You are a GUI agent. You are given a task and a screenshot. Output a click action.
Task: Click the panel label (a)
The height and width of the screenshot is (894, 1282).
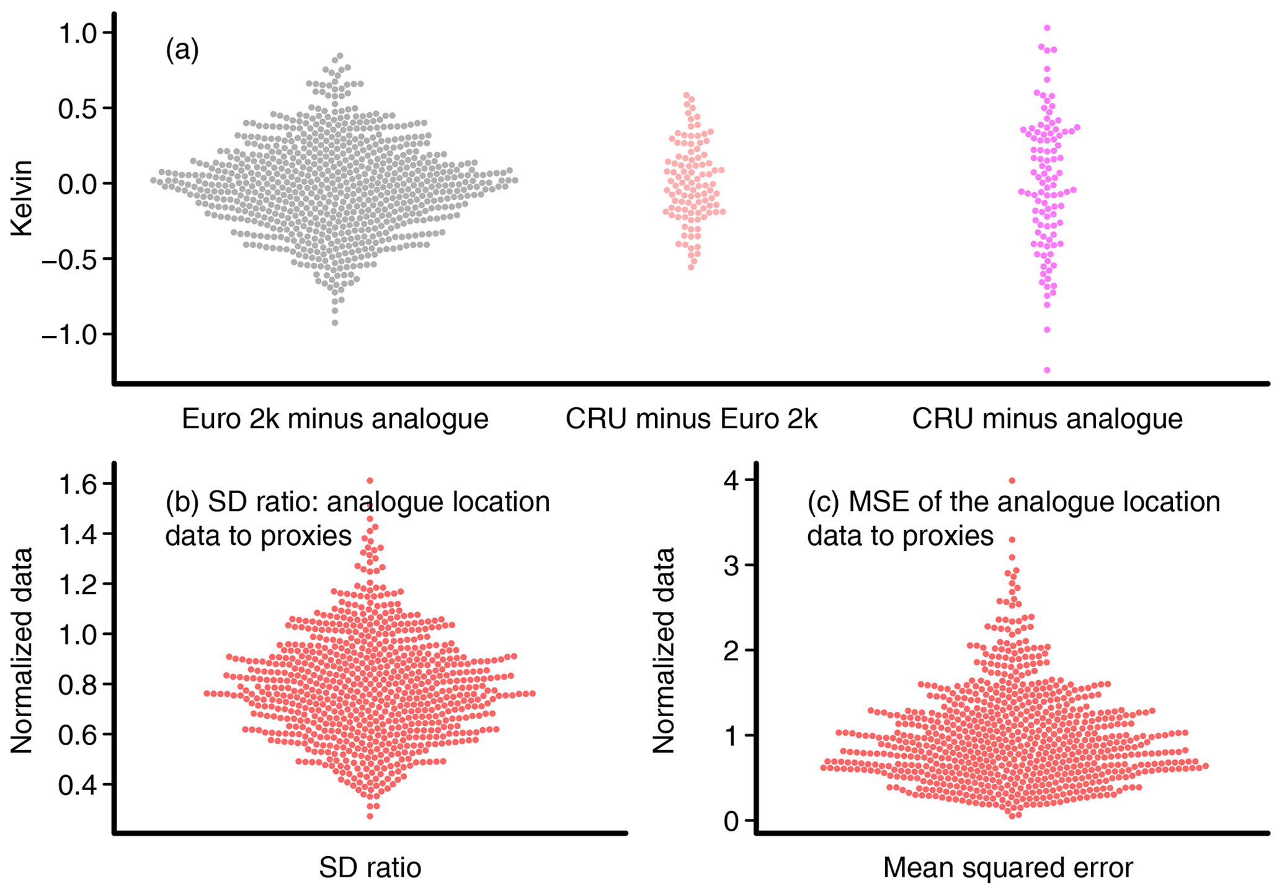coord(182,50)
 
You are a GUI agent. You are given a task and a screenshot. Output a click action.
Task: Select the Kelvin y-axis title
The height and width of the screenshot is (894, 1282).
coord(22,198)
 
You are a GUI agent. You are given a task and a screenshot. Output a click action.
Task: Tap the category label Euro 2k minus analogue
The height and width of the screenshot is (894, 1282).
coord(335,419)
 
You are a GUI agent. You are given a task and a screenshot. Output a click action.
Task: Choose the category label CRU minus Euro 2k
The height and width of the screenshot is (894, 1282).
coord(691,419)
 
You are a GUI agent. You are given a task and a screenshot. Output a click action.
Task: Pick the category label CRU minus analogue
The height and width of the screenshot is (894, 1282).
coord(1047,419)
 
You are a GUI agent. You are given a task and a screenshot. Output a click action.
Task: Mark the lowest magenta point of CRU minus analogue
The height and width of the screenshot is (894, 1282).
coord(1047,370)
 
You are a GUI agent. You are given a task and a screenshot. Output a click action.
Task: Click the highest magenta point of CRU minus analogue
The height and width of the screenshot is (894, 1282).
coord(1047,28)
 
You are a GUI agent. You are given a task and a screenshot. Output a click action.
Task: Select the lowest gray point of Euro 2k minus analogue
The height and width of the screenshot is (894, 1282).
coord(335,322)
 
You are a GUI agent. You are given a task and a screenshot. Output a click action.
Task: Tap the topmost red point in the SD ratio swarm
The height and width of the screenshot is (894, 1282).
coord(370,480)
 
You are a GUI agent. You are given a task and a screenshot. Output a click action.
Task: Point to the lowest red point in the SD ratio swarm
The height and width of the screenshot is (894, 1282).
coord(370,816)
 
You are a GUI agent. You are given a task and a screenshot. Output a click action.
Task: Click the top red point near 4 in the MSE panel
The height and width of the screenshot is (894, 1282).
coord(1012,480)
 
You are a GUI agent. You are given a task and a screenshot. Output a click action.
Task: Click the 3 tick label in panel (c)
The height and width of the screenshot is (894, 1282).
coord(732,565)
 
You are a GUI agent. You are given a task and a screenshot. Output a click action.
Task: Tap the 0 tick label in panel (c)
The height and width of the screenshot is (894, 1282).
coord(732,821)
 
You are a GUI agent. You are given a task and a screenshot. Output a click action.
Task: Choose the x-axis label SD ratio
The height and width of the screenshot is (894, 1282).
coord(370,868)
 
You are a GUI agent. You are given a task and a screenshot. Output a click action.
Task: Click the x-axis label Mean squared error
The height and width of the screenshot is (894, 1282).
coord(1008,868)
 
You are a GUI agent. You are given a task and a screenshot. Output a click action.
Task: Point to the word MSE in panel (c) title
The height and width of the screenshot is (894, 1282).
coord(875,502)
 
